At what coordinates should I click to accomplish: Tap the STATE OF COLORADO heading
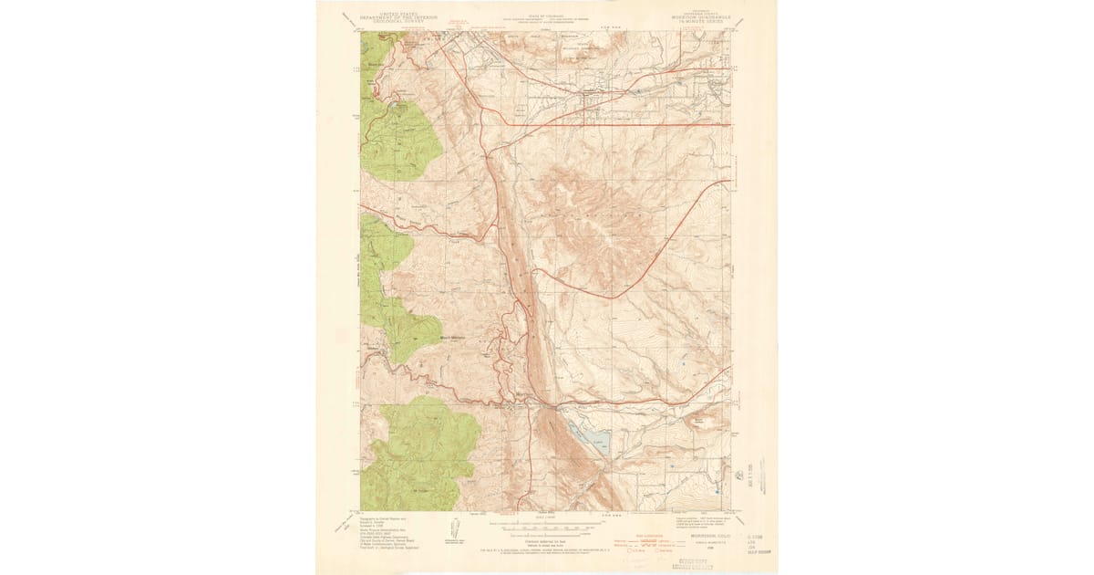pyautogui.click(x=547, y=16)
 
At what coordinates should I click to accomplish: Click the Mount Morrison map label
pyautogui.click(x=452, y=336)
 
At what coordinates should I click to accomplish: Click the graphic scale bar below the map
pyautogui.click(x=547, y=527)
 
